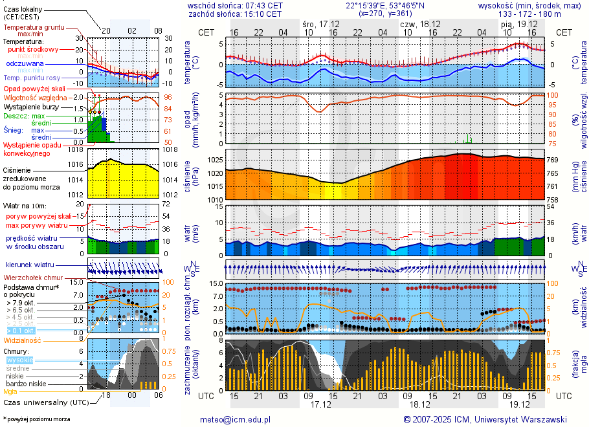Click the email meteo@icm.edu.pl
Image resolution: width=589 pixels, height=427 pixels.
tap(239, 419)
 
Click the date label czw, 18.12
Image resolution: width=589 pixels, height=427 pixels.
tap(416, 24)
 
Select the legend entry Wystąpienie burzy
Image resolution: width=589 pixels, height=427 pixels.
tap(29, 106)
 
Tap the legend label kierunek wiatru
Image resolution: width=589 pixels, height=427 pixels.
tap(30, 265)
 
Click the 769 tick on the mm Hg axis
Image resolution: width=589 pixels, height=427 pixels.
tap(553, 160)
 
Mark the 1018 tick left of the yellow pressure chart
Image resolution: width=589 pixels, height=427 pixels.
tap(76, 149)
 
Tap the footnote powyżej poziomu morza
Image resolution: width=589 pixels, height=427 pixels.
tap(38, 419)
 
